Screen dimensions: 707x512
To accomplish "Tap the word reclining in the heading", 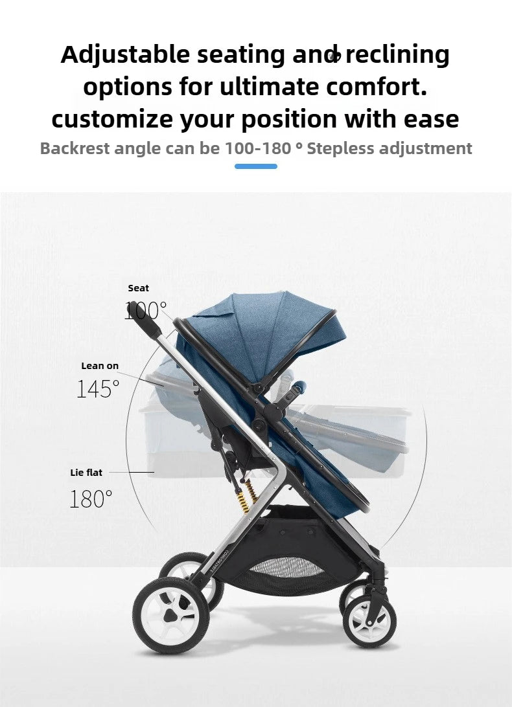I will pyautogui.click(x=397, y=56).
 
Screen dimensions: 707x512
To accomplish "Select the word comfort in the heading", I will pyautogui.click(x=385, y=87).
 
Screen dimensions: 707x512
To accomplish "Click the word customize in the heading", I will pyautogui.click(x=111, y=119).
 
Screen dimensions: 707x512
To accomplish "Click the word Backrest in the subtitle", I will pyautogui.click(x=75, y=148).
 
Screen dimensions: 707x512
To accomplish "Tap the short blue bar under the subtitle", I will pyautogui.click(x=256, y=166).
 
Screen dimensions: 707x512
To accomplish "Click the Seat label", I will pyautogui.click(x=138, y=288).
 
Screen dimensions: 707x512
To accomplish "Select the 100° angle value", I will pyautogui.click(x=145, y=311).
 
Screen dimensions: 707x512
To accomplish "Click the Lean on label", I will pyautogui.click(x=100, y=366).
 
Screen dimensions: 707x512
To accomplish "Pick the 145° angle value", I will pyautogui.click(x=98, y=389).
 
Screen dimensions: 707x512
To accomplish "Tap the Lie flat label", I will pyautogui.click(x=86, y=473).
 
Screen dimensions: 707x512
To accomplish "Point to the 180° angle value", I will pyautogui.click(x=91, y=499).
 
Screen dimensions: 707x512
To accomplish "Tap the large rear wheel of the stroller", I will pyautogui.click(x=168, y=614).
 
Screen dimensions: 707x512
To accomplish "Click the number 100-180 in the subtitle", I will pyautogui.click(x=258, y=148).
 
